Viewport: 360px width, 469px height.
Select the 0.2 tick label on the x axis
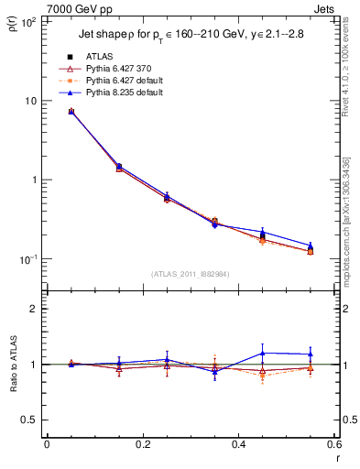tap(143, 446)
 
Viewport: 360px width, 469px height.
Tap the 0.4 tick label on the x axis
tap(238, 446)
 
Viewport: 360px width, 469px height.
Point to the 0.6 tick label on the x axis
tap(333, 446)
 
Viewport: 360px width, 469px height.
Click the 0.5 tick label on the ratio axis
tap(30, 420)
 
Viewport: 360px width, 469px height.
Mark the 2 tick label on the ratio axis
tap(35, 309)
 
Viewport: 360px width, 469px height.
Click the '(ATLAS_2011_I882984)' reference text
tap(191, 273)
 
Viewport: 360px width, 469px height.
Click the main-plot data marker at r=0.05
tap(71, 112)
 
